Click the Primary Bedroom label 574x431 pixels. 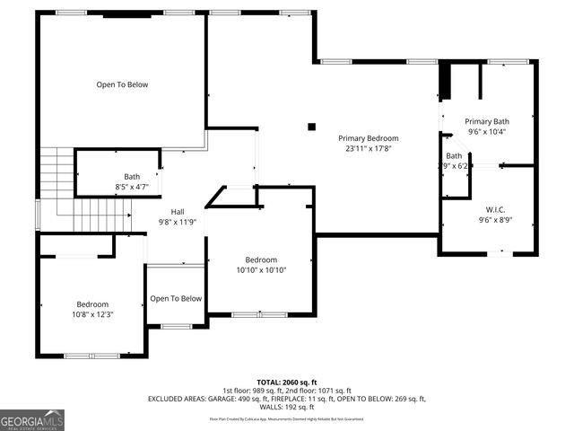click(368, 138)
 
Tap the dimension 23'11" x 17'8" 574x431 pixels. click(368, 149)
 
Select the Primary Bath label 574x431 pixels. click(487, 120)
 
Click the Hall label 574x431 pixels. click(178, 212)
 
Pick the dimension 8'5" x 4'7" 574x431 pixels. click(132, 187)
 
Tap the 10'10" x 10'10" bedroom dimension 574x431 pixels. click(261, 269)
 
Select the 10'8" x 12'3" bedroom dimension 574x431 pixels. click(91, 314)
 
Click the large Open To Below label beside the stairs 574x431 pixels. click(122, 84)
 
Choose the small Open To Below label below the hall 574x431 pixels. click(176, 299)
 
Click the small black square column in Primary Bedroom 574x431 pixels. click(311, 127)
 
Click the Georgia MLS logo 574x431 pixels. click(32, 419)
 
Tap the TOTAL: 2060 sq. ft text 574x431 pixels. click(287, 382)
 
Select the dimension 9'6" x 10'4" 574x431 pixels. click(487, 131)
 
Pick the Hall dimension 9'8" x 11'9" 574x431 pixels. click(178, 223)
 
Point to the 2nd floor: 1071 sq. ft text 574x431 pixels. click(319, 390)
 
